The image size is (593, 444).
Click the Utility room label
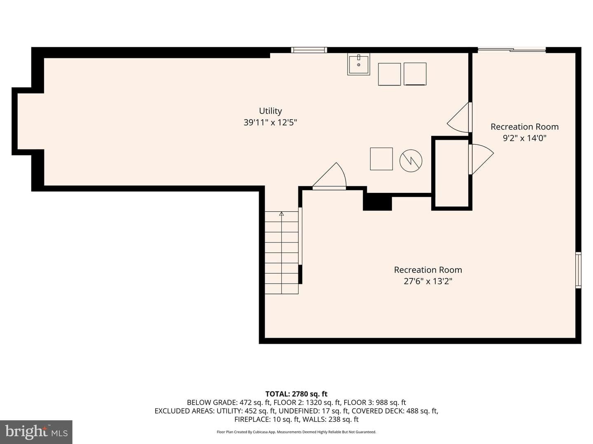pyautogui.click(x=270, y=111)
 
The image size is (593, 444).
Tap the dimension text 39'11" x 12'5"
pyautogui.click(x=270, y=123)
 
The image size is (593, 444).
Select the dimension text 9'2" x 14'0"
pyautogui.click(x=524, y=138)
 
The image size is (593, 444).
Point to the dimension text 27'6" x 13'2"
pyautogui.click(x=428, y=282)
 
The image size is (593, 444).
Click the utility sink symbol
pyautogui.click(x=359, y=64)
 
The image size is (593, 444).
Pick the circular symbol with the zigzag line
pyautogui.click(x=411, y=161)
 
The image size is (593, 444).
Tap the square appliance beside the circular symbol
pyautogui.click(x=381, y=159)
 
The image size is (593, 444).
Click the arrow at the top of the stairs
pyautogui.click(x=282, y=214)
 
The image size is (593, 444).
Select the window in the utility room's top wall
pyautogui.click(x=309, y=50)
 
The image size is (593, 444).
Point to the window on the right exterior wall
pyautogui.click(x=578, y=270)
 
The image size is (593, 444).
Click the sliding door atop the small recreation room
pyautogui.click(x=512, y=50)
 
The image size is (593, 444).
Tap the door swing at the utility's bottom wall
pyautogui.click(x=329, y=176)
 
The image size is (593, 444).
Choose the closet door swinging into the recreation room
pyautogui.click(x=481, y=160)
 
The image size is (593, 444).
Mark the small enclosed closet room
pyautogui.click(x=452, y=173)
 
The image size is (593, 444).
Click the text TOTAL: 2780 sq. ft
pyautogui.click(x=296, y=394)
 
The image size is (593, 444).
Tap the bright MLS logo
pyautogui.click(x=36, y=432)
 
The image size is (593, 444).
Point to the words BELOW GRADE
pyautogui.click(x=212, y=402)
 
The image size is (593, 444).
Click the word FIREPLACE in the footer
pyautogui.click(x=252, y=419)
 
